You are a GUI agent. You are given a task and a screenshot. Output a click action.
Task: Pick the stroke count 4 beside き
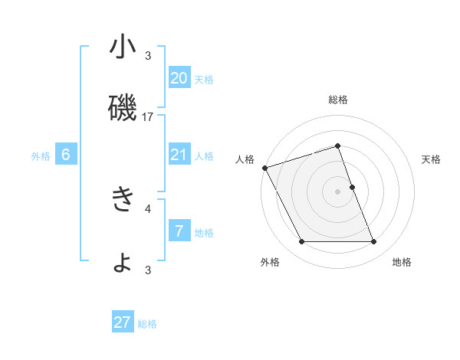pos(148,208)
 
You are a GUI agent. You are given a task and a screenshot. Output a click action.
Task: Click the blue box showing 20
pos(179,77)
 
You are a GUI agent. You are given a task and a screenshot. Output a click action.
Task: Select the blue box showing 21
pos(179,155)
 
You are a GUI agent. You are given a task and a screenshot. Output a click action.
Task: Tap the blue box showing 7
pos(179,231)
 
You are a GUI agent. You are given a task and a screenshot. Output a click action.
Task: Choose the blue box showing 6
pos(66,155)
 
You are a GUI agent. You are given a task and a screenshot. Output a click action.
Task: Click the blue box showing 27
pos(123,322)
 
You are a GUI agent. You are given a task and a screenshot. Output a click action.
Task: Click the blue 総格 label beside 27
pos(147,324)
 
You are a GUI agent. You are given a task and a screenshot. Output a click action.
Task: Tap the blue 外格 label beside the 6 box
pos(41,156)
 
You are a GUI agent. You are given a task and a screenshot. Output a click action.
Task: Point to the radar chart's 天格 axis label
pos(432,159)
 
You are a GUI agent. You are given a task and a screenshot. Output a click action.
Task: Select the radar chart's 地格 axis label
pos(402,262)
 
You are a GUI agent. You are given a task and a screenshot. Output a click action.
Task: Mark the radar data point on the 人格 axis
pos(264,168)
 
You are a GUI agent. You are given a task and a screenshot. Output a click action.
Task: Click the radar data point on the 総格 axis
pos(337,146)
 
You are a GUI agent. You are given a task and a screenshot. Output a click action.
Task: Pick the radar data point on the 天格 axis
pos(352,187)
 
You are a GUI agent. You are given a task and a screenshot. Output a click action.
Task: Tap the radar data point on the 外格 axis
pos(301,242)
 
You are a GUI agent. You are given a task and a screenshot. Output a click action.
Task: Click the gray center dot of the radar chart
pos(337,191)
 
